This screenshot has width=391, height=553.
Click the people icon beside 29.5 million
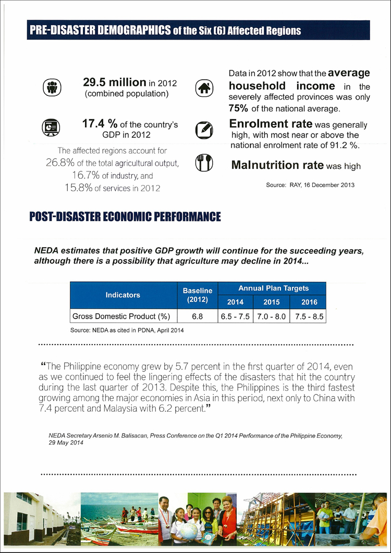pos(51,88)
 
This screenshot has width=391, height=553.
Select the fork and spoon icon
pos(204,163)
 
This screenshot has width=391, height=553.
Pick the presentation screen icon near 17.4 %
pos(51,127)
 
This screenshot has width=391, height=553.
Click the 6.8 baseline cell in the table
pos(197,316)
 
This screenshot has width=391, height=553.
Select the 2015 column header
pos(272,302)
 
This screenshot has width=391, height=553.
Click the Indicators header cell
pos(123,295)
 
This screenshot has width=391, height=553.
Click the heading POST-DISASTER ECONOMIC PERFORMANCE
pos(125,217)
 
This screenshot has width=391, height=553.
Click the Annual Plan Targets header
pos(273,288)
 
